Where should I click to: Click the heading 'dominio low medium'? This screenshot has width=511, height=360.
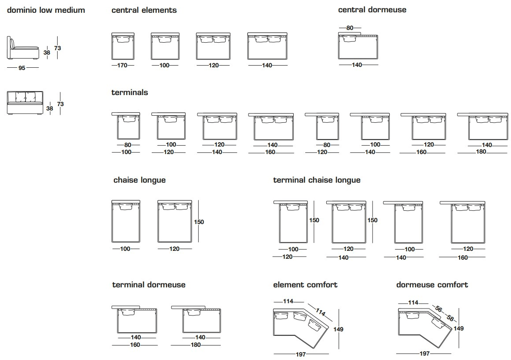point(46,10)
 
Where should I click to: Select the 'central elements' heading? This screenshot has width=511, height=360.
point(144,10)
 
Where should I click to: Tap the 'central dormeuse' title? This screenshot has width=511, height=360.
point(372,10)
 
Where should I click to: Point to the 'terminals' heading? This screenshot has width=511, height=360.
point(130,92)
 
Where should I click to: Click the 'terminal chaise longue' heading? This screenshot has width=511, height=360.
point(317,180)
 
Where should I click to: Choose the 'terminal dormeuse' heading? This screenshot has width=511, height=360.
point(149,285)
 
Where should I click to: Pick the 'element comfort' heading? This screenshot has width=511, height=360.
point(305,285)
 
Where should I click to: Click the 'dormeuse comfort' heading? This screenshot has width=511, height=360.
point(432,285)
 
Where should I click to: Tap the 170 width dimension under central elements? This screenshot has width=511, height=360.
point(122,65)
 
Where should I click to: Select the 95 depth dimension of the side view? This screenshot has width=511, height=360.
point(22,68)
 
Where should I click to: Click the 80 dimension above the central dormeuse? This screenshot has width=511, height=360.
point(350,28)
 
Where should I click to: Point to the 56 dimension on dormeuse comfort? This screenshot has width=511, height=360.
point(438,309)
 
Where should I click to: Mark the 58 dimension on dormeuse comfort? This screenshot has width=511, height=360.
point(450,318)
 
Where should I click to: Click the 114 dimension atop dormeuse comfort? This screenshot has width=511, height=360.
point(413,302)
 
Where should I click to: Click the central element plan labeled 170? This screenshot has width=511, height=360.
point(122,46)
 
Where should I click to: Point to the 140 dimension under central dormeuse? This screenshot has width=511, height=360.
point(357,65)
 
